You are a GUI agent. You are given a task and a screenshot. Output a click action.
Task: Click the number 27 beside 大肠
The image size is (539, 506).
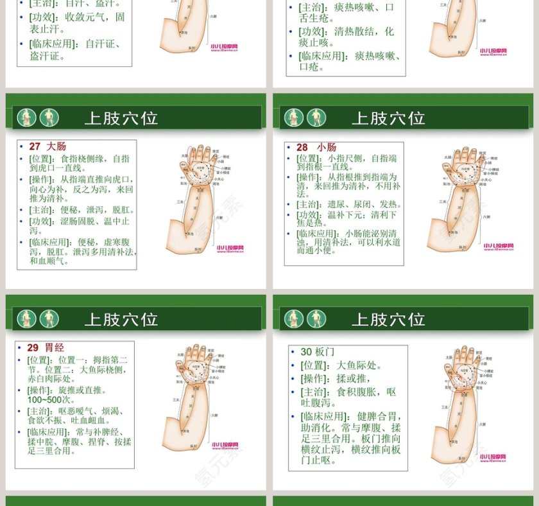(x=35, y=146)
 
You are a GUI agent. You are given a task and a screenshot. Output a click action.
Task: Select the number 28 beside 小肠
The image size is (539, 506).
(x=302, y=147)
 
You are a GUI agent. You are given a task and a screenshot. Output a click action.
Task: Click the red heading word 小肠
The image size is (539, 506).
(x=327, y=147)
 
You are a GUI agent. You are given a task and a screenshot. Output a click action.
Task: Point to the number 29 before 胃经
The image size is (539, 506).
(x=33, y=347)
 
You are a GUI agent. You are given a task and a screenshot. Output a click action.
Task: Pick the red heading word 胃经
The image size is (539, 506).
(x=55, y=347)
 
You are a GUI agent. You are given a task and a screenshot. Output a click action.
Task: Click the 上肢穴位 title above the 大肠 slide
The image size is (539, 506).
(x=121, y=118)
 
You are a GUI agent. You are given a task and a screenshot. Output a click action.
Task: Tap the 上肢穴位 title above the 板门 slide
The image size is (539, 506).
(x=388, y=319)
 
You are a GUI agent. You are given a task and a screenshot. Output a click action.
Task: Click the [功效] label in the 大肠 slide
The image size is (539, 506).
(x=42, y=221)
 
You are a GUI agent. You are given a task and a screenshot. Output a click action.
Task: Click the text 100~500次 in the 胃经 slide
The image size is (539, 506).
(x=51, y=399)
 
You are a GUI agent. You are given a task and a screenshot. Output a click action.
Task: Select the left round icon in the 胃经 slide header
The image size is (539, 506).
(x=26, y=318)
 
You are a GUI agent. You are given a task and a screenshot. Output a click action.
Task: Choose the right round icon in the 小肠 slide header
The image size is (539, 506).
(x=316, y=118)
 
